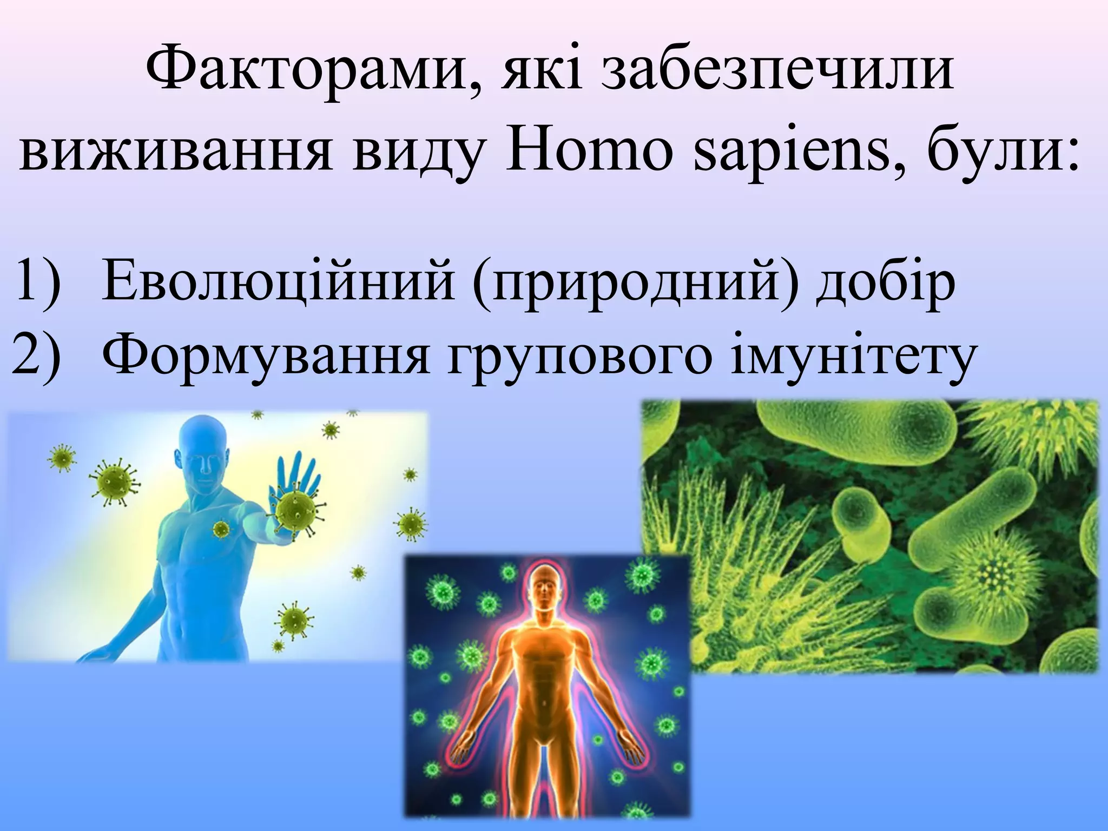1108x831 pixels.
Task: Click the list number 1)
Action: click(x=38, y=281)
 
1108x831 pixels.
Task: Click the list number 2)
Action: click(x=36, y=357)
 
